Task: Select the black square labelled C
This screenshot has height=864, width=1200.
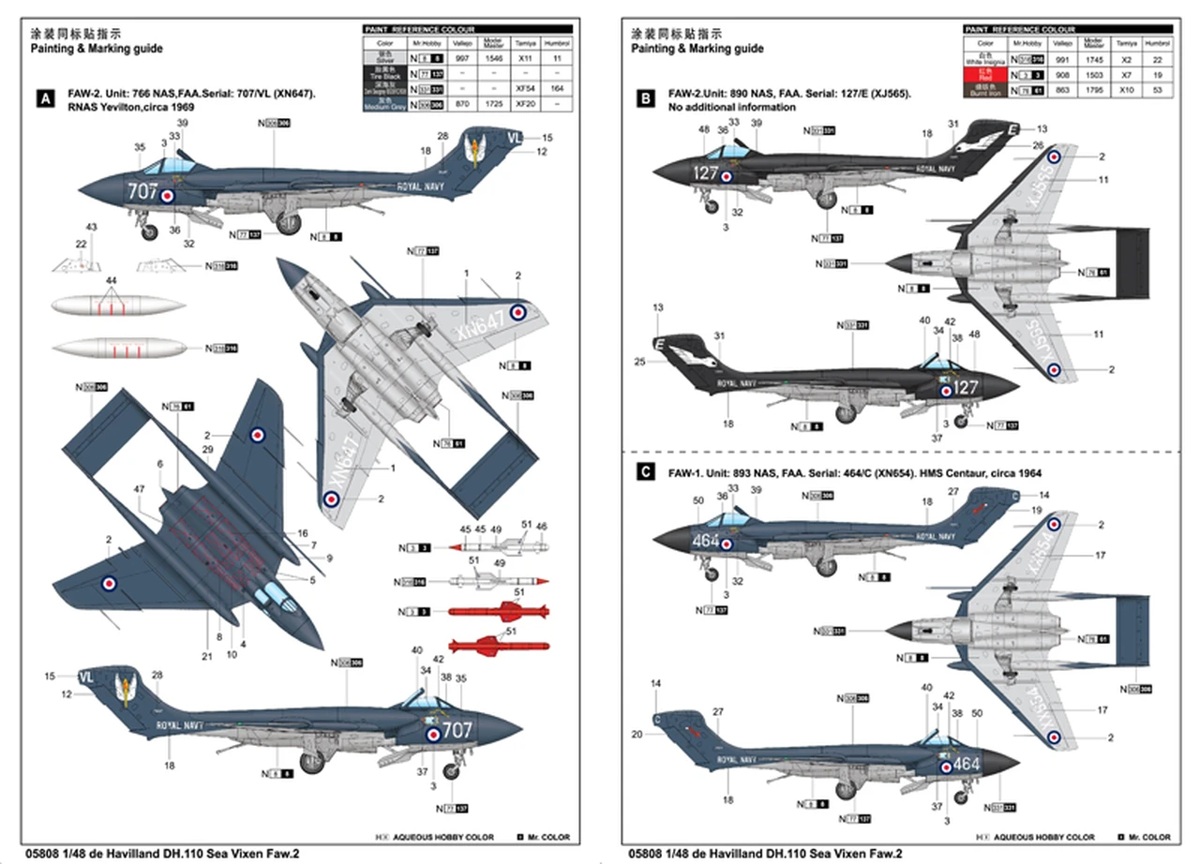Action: click(x=644, y=472)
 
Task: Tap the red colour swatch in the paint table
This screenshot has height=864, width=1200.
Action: click(x=984, y=73)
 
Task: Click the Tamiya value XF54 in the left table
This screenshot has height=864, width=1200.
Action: click(x=526, y=88)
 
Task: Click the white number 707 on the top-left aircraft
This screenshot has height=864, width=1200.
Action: click(x=142, y=190)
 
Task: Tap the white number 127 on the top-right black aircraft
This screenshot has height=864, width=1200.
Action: click(x=705, y=173)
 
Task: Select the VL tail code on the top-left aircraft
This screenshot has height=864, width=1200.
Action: click(x=513, y=137)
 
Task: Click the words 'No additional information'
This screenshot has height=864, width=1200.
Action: click(x=732, y=108)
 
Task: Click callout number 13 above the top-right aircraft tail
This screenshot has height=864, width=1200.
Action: click(x=1042, y=128)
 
